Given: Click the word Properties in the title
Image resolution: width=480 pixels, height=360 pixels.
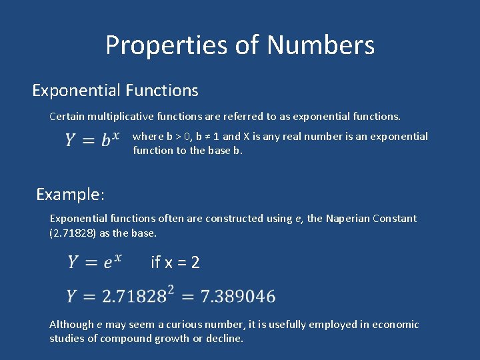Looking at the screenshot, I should pyautogui.click(x=165, y=45).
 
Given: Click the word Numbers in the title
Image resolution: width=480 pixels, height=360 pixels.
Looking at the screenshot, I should pyautogui.click(x=321, y=45).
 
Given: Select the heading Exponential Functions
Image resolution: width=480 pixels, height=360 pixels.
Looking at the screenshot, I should pyautogui.click(x=115, y=90).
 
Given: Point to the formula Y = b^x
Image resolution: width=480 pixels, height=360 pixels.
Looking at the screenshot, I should pyautogui.click(x=92, y=140).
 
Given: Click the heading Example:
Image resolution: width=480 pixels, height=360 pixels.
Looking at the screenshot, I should pyautogui.click(x=70, y=195).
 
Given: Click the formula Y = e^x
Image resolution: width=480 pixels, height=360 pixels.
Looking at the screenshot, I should pyautogui.click(x=94, y=261).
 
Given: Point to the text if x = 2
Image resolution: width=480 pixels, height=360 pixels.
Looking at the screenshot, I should pyautogui.click(x=175, y=263).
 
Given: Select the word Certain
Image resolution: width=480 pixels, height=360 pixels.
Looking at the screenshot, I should pyautogui.click(x=67, y=117).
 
